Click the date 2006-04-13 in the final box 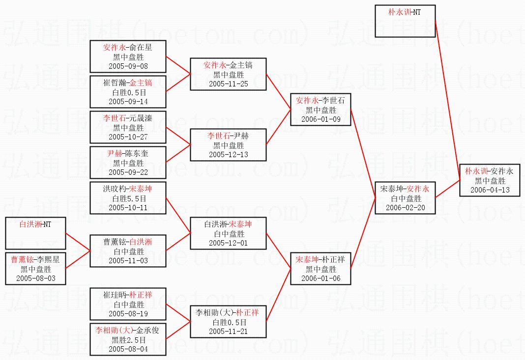point(490,190)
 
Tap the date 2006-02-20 point(405,208)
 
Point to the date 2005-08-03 point(36,278)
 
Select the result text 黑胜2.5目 point(129,340)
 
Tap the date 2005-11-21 point(229,332)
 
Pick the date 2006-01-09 point(321,119)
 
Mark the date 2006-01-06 point(321,278)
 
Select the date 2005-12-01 point(229,243)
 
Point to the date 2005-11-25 point(229,83)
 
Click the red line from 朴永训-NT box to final point(448,100)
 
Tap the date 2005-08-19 point(128,314)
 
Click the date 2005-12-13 point(229,155)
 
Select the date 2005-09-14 point(128,101)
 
